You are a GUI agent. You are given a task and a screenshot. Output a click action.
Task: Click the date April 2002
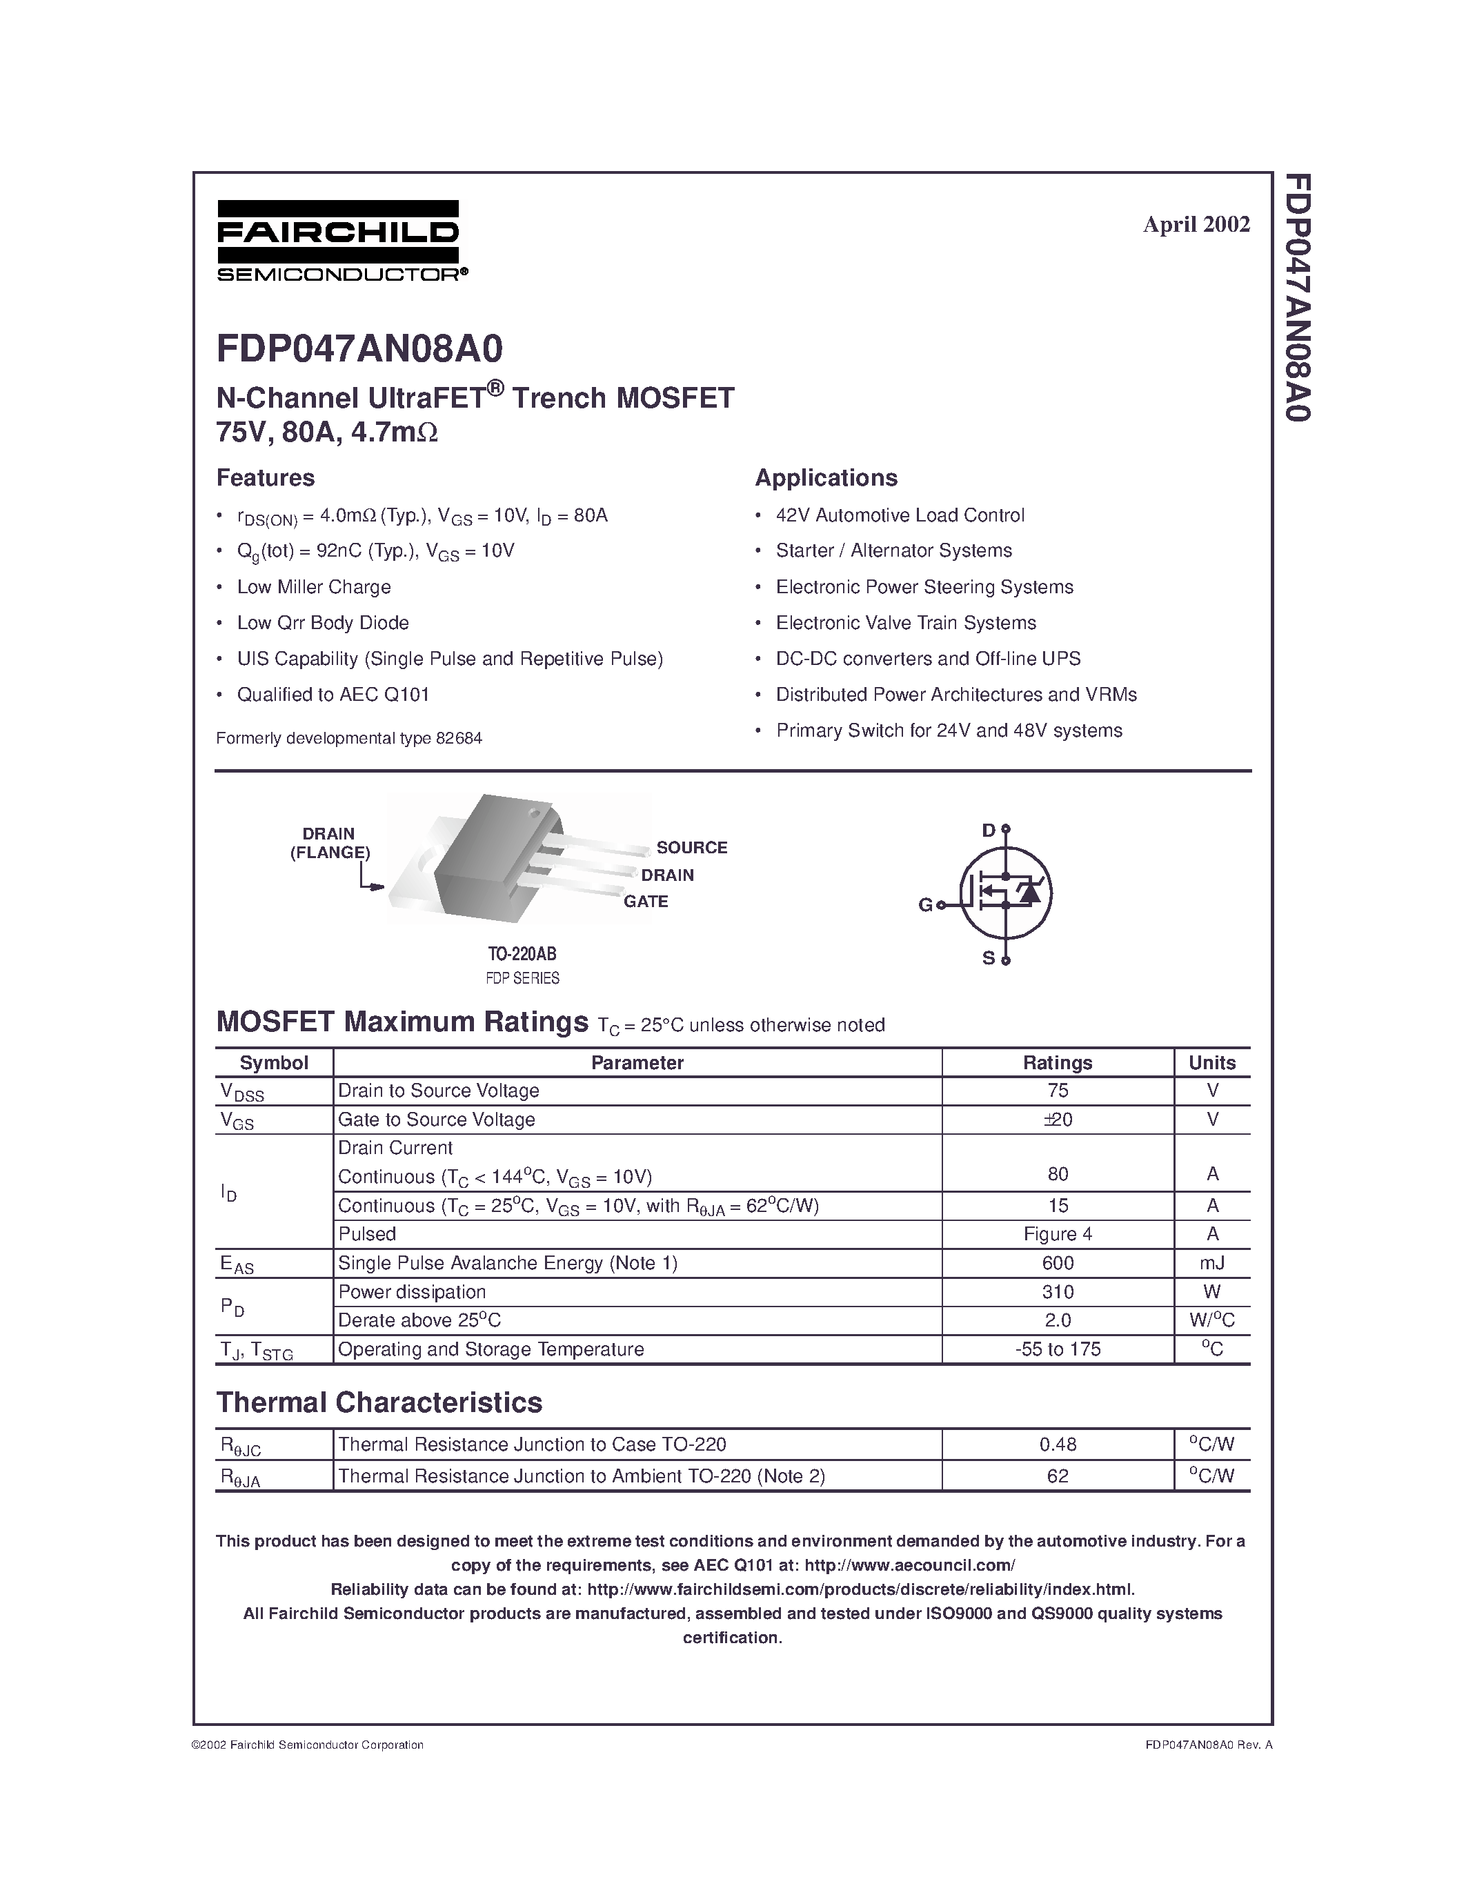[1196, 224]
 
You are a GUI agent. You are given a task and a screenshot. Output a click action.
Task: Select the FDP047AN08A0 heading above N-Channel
[359, 349]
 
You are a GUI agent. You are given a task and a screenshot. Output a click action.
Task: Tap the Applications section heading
[825, 478]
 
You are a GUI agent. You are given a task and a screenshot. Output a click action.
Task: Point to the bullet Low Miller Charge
[313, 587]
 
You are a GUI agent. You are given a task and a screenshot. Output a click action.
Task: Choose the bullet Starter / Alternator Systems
[893, 550]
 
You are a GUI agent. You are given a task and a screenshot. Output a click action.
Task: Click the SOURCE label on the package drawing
[691, 847]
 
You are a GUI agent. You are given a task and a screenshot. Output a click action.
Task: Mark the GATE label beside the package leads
[645, 902]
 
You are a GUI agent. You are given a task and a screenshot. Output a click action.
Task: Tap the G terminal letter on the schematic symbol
[925, 905]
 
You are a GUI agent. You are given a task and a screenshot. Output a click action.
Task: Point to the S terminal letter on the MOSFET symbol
[989, 959]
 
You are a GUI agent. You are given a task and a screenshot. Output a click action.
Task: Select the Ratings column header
[1057, 1062]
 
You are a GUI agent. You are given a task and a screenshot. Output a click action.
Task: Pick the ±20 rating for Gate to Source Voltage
[1057, 1120]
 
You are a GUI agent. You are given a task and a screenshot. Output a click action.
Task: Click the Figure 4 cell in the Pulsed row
[1057, 1234]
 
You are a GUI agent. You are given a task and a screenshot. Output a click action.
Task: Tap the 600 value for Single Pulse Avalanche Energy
[1057, 1263]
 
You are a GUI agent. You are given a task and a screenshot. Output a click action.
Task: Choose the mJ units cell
[1212, 1263]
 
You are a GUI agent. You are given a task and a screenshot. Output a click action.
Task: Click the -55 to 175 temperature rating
[1057, 1349]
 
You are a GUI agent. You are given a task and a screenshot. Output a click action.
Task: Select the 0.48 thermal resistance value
[1057, 1444]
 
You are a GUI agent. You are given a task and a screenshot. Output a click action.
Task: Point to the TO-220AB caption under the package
[522, 954]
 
